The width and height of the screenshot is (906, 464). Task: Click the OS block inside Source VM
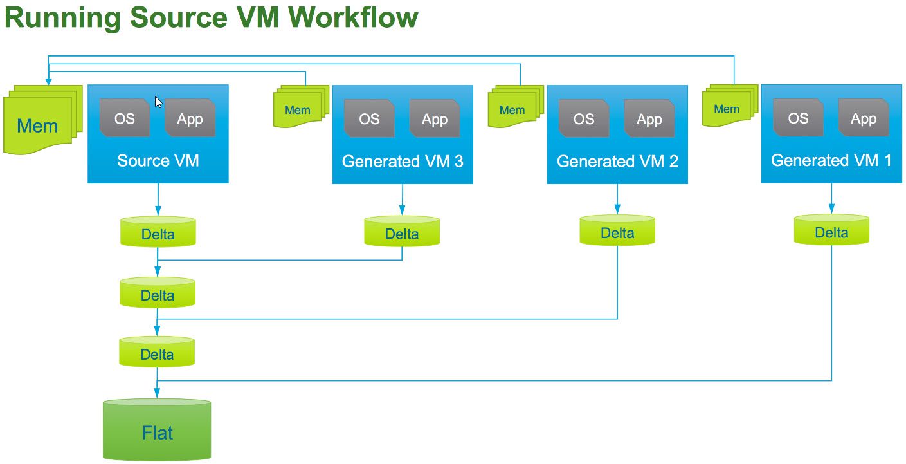[x=125, y=118]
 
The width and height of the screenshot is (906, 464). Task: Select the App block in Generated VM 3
[x=435, y=118]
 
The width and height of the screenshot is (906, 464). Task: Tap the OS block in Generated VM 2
[x=584, y=118]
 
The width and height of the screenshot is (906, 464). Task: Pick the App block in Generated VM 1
[x=864, y=118]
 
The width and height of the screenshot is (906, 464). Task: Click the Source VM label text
[x=158, y=160]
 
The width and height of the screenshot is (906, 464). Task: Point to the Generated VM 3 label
[x=403, y=161]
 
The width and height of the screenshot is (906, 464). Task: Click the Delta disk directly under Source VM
[x=158, y=232]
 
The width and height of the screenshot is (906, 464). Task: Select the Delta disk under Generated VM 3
[x=402, y=232]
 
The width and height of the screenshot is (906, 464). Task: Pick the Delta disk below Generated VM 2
[x=617, y=232]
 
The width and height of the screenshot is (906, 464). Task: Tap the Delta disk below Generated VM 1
[x=831, y=231]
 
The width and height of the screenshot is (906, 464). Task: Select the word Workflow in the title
[x=354, y=17]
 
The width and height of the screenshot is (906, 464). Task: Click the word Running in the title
[x=63, y=17]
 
